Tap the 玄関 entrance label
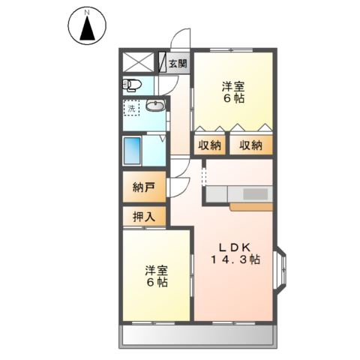178,63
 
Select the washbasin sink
155,106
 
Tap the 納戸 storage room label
144,187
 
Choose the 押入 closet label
144,217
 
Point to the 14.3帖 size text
234,261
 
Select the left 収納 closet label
210,145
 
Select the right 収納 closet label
251,145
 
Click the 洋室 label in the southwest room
157,270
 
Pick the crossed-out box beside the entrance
138,62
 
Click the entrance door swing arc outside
180,39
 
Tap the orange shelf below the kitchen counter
252,205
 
